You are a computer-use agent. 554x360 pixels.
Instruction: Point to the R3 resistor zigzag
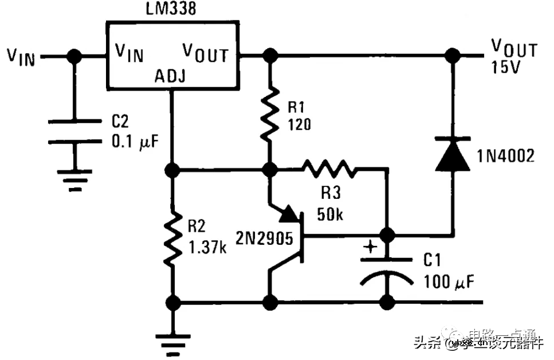tap(329, 169)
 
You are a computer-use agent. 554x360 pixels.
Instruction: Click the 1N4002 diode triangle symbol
tap(453, 155)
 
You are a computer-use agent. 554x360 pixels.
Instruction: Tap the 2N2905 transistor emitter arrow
tap(289, 214)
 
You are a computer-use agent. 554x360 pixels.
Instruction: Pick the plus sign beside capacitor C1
tap(371, 248)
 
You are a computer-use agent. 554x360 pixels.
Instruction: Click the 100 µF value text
tap(449, 281)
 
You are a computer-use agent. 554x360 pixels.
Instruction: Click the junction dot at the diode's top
tap(453, 56)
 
